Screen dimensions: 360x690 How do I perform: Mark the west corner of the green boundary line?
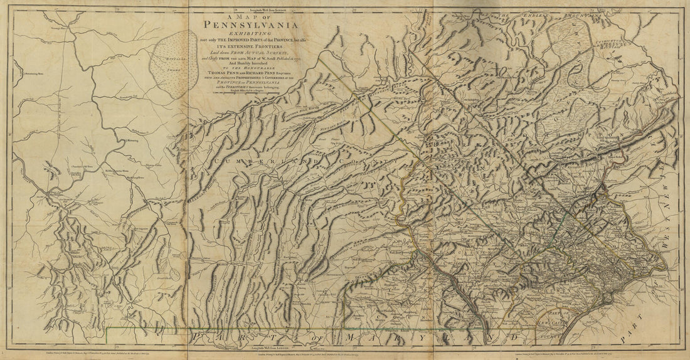[x=107, y=328]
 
